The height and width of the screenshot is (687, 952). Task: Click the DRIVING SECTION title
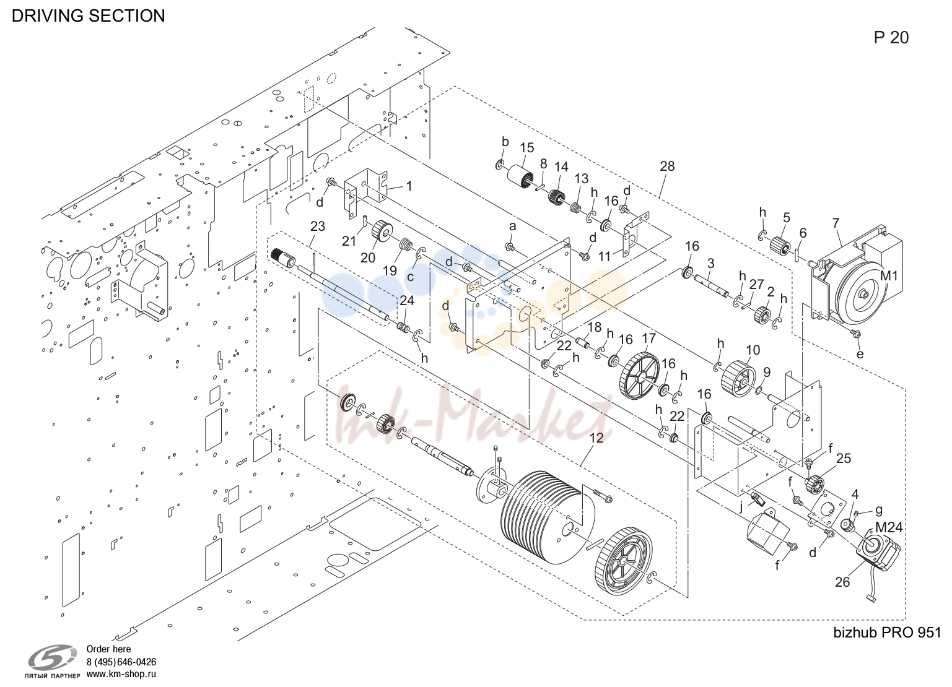88,16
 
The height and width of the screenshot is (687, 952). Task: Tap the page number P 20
891,38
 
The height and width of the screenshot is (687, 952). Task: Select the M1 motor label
889,275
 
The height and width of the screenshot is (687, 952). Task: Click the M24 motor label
889,527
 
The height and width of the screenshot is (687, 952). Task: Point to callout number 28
667,166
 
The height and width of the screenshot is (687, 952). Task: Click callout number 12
596,438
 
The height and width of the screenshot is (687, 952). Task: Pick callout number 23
318,227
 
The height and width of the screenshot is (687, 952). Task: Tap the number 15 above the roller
526,148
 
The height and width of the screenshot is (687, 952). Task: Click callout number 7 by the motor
836,223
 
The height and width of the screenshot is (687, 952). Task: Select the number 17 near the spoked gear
648,339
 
